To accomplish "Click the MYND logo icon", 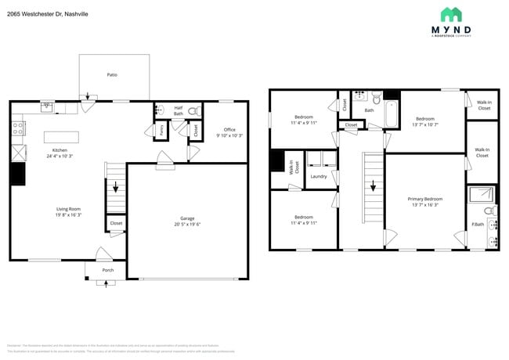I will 450,14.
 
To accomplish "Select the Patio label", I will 112,74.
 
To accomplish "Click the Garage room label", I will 187,221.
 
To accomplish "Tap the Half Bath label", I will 179,111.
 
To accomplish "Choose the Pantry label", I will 161,130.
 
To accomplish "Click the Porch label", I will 107,270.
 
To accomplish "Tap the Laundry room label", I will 318,176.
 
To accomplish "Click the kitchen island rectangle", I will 60,135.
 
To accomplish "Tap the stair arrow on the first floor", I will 116,188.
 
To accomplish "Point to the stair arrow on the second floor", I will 373,186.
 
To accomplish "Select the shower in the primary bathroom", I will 481,195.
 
